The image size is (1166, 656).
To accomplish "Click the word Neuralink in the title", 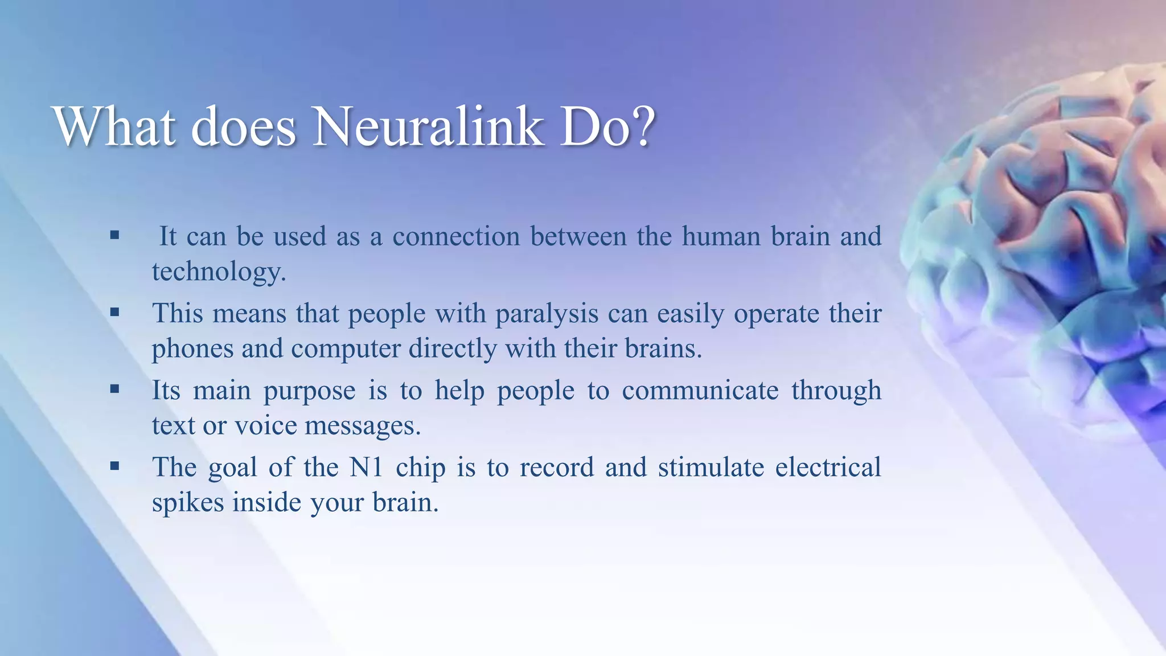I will point(427,126).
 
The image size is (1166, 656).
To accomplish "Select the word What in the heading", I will point(114,126).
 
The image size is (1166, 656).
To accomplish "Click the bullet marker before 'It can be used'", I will point(115,235).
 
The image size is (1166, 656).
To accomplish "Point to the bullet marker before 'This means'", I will point(115,311).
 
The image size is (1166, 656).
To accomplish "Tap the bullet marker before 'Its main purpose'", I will point(115,389).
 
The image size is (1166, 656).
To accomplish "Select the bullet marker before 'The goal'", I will point(115,466).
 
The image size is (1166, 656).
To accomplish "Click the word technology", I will point(219,272).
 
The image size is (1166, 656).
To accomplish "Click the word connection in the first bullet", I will point(456,236).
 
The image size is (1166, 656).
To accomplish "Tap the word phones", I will point(192,348).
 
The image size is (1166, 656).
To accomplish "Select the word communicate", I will point(700,391).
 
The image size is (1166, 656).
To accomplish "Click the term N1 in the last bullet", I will point(366,468).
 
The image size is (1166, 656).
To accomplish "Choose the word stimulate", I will point(711,468).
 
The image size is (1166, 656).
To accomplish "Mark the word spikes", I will point(188,503).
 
